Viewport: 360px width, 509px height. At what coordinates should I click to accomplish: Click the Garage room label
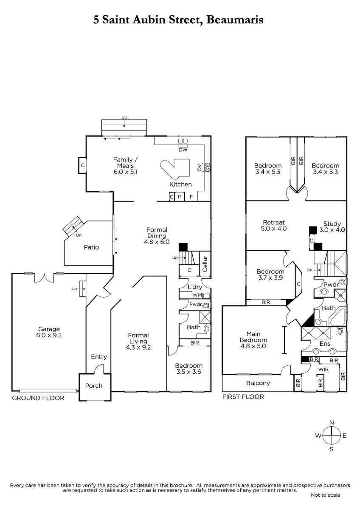click(x=49, y=329)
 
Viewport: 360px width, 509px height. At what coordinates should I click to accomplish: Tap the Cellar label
click(x=205, y=263)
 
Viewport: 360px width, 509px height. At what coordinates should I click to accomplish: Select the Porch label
click(x=94, y=386)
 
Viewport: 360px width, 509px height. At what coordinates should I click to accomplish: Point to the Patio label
click(x=91, y=247)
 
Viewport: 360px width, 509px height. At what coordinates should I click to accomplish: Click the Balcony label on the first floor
click(x=258, y=383)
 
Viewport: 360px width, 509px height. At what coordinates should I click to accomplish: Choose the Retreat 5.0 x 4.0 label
click(x=274, y=225)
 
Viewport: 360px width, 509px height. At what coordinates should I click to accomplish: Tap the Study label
click(x=332, y=224)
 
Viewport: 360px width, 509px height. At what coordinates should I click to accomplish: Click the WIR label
click(x=323, y=369)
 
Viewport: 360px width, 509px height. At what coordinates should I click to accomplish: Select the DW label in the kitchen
click(x=183, y=150)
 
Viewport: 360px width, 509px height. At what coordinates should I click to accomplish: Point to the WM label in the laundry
click(x=197, y=295)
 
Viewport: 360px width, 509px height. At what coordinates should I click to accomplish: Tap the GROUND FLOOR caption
click(x=38, y=398)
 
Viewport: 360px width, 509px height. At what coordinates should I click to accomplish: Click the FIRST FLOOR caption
click(x=243, y=397)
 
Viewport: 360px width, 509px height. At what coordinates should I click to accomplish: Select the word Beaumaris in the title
click(x=235, y=20)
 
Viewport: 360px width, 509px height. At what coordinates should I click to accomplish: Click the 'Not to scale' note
click(x=326, y=495)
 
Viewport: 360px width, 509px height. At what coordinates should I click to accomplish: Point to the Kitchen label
click(x=180, y=184)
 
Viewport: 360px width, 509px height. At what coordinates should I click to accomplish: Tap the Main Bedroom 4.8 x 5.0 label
click(x=253, y=340)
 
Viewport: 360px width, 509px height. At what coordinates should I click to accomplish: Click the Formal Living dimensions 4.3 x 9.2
click(x=138, y=347)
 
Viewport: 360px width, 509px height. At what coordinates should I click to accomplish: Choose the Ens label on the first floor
click(x=325, y=344)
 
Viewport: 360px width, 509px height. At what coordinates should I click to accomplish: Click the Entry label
click(x=99, y=357)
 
